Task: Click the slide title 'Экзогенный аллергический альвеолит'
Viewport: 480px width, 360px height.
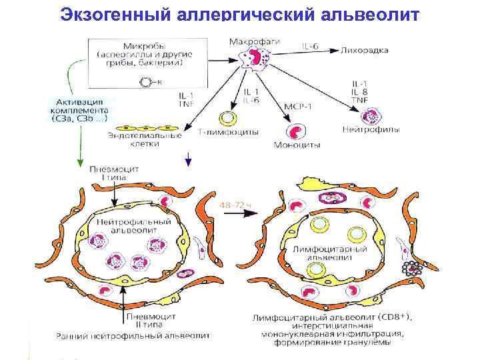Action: pos(240,15)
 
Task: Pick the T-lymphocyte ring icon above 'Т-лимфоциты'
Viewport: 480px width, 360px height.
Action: pos(228,118)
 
